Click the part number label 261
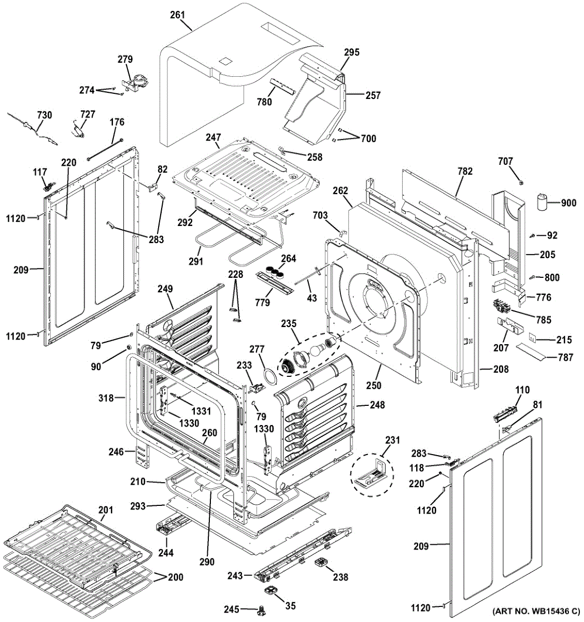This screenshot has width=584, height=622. point(177,15)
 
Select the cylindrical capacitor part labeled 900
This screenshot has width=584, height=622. point(543,201)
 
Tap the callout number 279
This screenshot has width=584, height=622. point(125,60)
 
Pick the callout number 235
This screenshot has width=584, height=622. point(289,324)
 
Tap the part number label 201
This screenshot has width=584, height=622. point(105,511)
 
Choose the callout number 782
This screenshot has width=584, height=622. point(465,171)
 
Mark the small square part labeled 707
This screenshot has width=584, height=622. point(521,182)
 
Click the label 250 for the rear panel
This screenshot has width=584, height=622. point(374,385)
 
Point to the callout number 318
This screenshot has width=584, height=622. point(106,398)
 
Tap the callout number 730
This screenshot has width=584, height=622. point(44,115)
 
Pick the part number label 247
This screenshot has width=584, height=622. point(213,138)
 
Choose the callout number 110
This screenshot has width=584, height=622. point(522,390)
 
